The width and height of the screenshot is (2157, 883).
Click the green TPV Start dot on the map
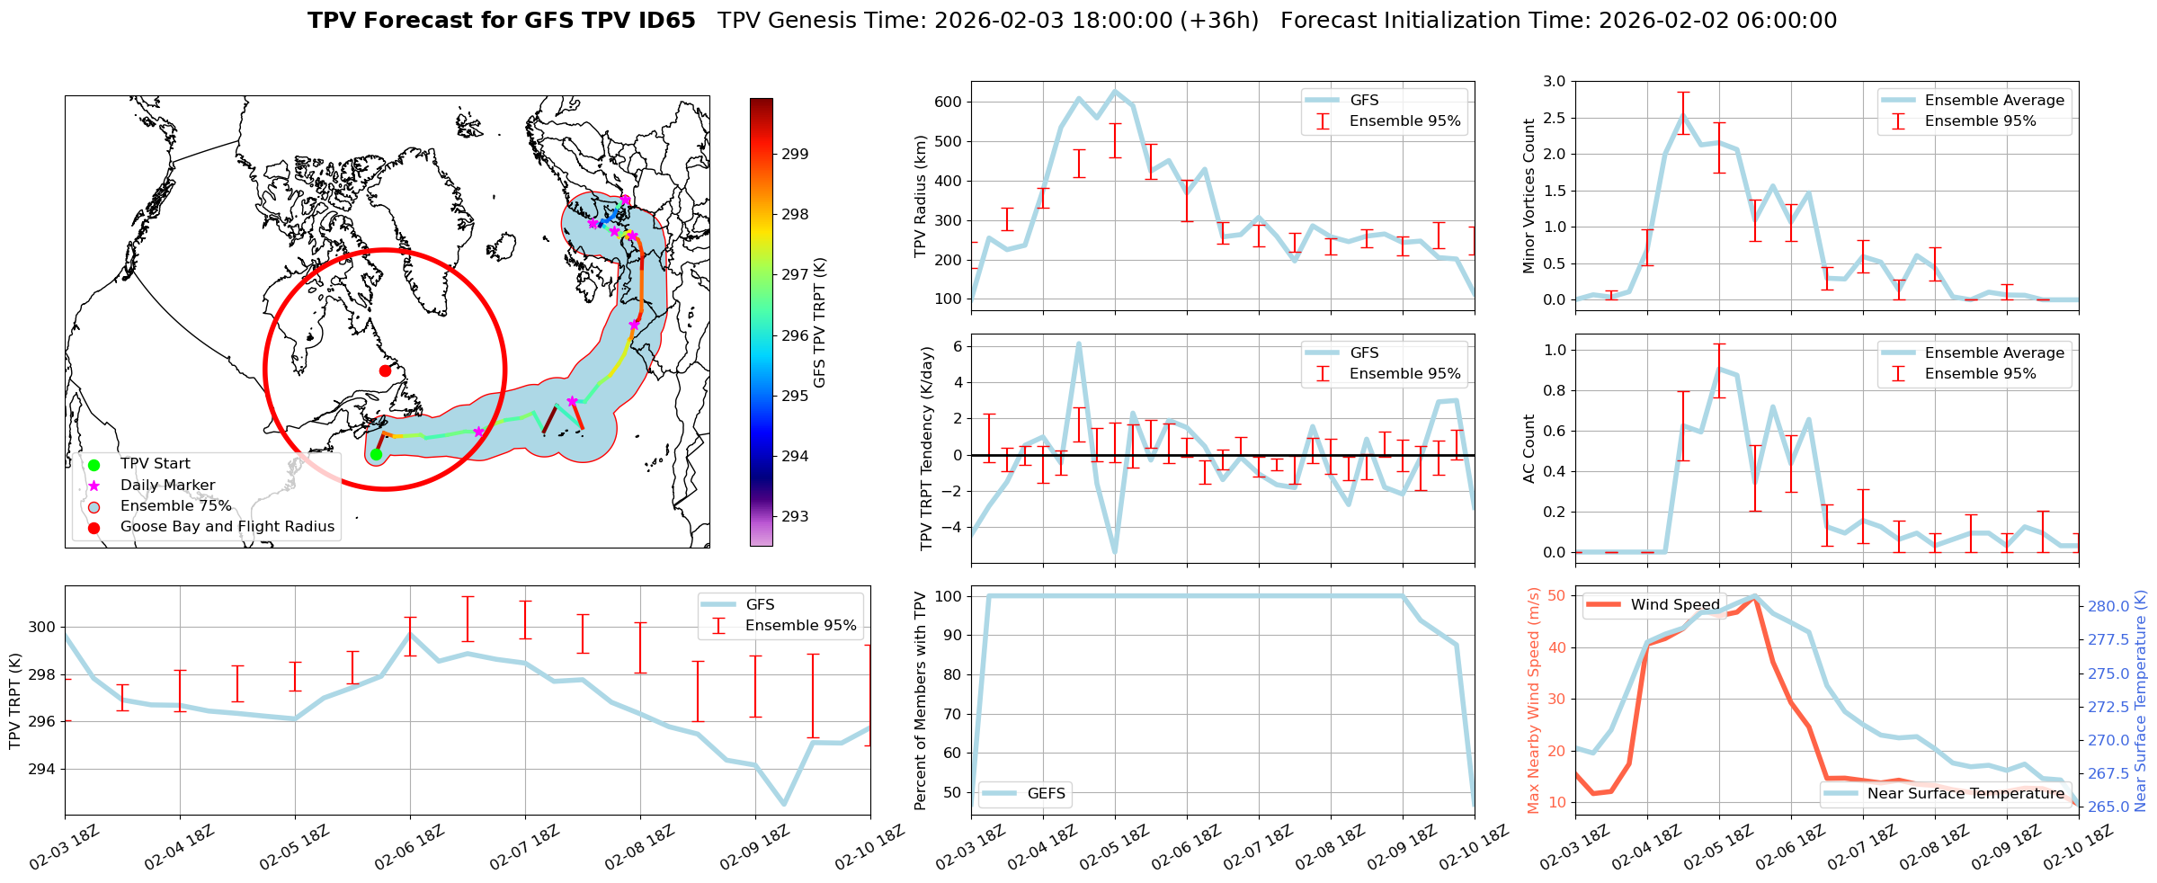(376, 454)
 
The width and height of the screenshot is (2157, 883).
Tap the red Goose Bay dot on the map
(385, 370)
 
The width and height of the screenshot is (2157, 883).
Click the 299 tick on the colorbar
(795, 154)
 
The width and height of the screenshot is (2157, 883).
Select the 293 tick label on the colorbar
(795, 516)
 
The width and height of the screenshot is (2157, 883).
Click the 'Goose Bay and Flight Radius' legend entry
(227, 527)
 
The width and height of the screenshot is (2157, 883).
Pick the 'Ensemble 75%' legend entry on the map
(175, 506)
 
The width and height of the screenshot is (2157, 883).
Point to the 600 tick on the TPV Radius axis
(949, 102)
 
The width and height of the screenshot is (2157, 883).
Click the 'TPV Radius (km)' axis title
(921, 196)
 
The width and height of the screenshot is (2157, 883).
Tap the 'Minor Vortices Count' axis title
(1529, 196)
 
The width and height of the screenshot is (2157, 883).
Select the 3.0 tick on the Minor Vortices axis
(1554, 81)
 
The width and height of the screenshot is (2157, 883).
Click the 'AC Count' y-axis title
(1529, 449)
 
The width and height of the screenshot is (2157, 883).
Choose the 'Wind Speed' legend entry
(1674, 605)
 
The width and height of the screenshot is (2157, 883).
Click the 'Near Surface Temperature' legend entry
(1965, 793)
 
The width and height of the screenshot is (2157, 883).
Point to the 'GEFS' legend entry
(1046, 793)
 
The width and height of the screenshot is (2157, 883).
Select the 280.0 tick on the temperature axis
(2108, 606)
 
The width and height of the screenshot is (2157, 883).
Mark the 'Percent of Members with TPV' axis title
(921, 700)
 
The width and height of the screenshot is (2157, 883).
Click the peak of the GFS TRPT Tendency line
(1079, 343)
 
